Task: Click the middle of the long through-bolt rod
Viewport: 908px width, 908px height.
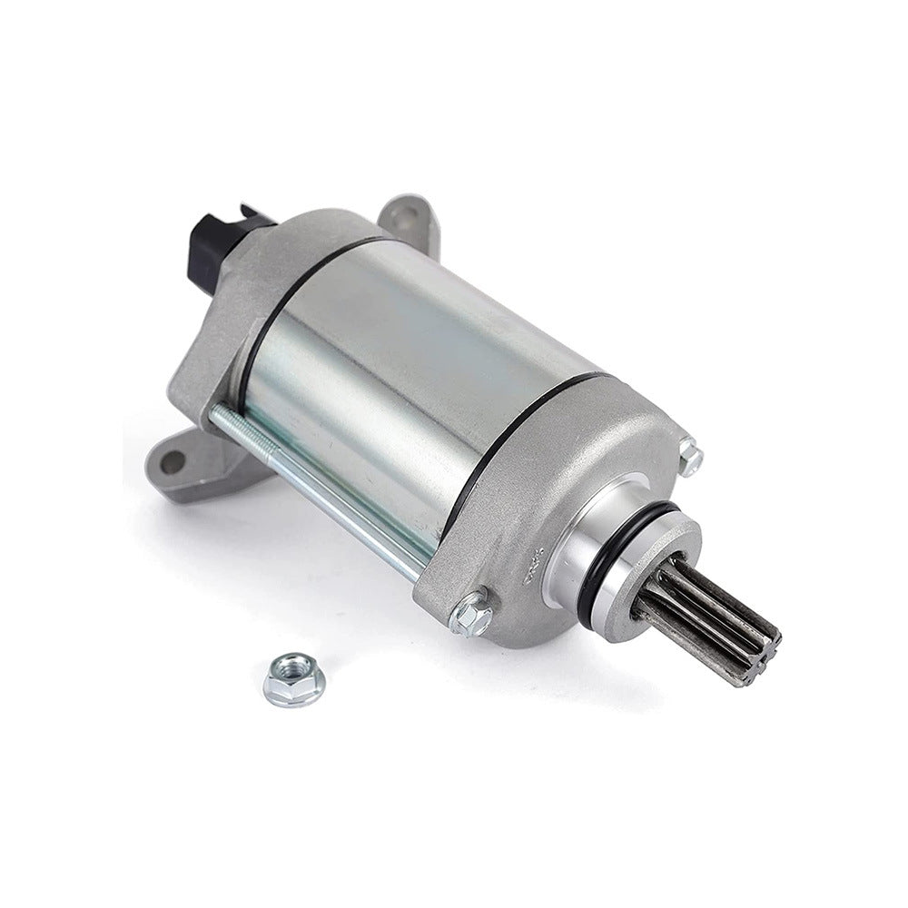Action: click(318, 481)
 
